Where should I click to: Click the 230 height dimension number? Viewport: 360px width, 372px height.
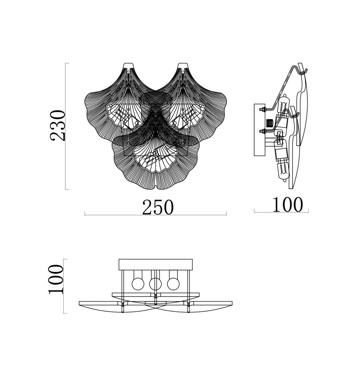[x=58, y=125]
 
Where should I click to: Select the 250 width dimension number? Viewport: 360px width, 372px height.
[x=158, y=207]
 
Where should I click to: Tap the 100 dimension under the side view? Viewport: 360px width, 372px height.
[x=288, y=204]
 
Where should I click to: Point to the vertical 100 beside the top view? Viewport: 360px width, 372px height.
[x=56, y=279]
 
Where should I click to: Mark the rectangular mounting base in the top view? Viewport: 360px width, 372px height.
[x=156, y=265]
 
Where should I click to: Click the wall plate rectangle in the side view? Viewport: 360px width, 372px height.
[x=260, y=130]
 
